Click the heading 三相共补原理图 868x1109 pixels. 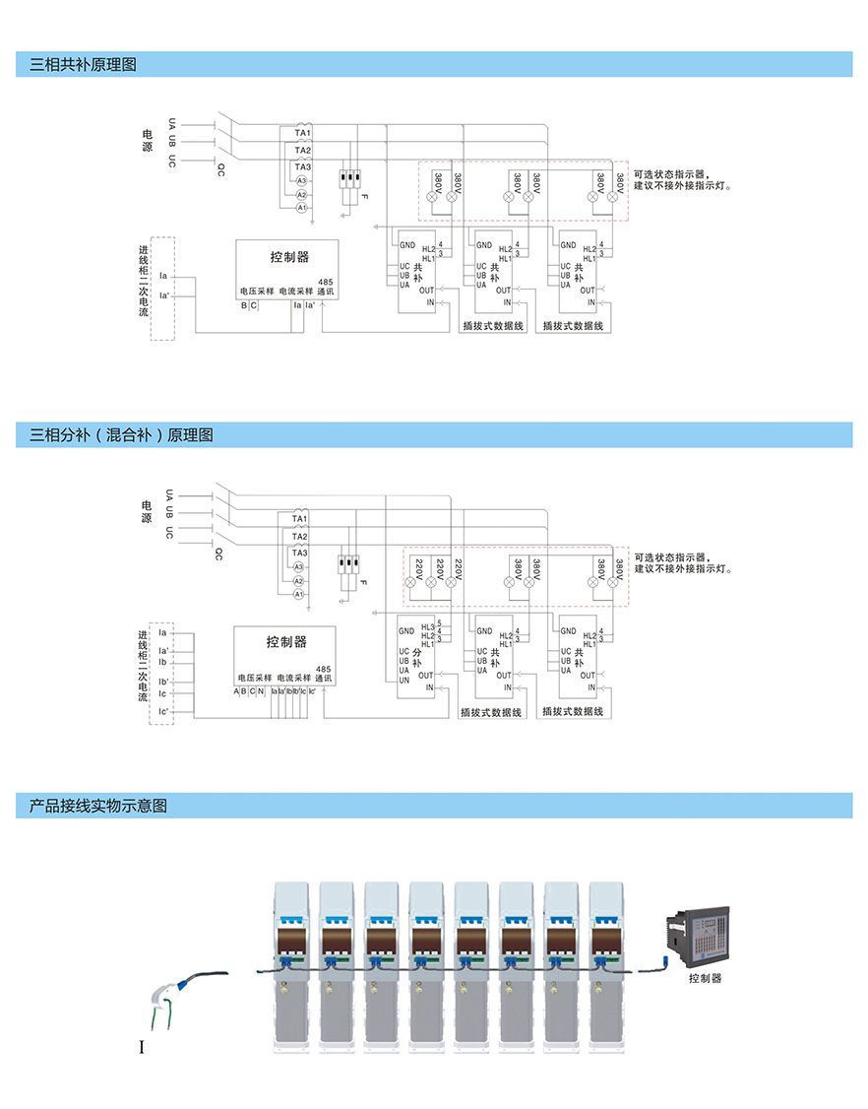tap(84, 65)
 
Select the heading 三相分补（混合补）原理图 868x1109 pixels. tap(122, 434)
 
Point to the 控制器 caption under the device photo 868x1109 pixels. tap(706, 978)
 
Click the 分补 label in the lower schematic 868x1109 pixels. tap(417, 658)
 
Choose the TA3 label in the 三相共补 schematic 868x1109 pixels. tap(303, 167)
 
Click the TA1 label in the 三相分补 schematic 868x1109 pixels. tap(300, 518)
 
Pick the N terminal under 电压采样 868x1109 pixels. tap(261, 691)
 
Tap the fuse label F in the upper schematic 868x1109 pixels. tap(364, 199)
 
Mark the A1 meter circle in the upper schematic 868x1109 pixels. tap(301, 208)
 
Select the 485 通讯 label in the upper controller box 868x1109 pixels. tap(326, 287)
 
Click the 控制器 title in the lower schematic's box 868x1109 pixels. tap(286, 642)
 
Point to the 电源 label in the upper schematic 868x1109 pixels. tap(148, 140)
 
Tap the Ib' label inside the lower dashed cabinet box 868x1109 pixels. tap(163, 681)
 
